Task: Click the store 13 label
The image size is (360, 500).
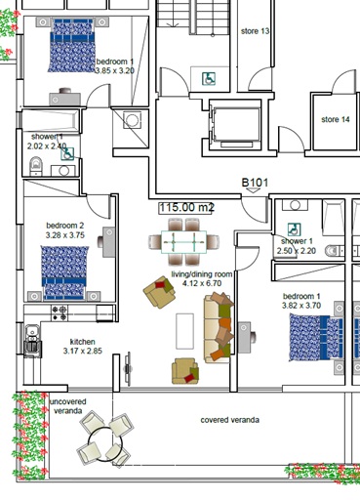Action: point(255,31)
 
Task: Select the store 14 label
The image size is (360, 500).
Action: point(335,119)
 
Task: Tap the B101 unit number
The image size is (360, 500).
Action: point(256,183)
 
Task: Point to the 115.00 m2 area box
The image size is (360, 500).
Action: point(186,208)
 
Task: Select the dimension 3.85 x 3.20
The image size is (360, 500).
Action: point(114,70)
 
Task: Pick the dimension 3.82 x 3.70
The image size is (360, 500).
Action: point(300,305)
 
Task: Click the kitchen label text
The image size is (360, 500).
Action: point(82,341)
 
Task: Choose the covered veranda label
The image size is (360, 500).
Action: point(230,419)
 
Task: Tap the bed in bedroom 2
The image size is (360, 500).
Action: point(64,272)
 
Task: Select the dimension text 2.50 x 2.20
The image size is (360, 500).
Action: point(297,251)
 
